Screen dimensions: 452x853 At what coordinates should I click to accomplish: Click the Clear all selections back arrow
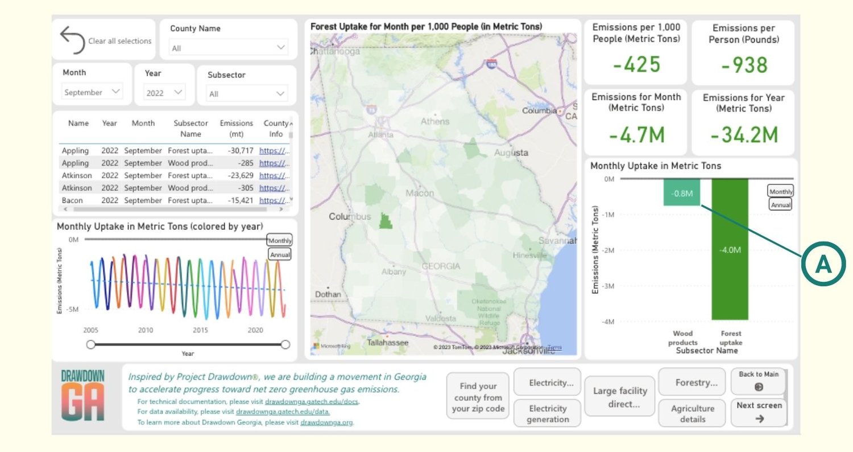[x=72, y=40]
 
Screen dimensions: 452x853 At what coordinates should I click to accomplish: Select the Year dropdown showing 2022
[x=164, y=93]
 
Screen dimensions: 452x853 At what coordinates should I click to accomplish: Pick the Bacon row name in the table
[x=72, y=200]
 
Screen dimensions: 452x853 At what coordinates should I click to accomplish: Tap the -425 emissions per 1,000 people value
[x=636, y=64]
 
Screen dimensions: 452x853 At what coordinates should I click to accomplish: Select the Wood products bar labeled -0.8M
[x=682, y=193]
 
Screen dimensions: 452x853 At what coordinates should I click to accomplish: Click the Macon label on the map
[x=420, y=194]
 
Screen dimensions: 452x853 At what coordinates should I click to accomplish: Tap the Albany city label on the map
[x=394, y=272]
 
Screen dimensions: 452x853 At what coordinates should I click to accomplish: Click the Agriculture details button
[x=693, y=413]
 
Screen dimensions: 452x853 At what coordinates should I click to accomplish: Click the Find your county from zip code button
[x=478, y=397]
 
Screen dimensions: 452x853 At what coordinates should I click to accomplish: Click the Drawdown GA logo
[x=83, y=396]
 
